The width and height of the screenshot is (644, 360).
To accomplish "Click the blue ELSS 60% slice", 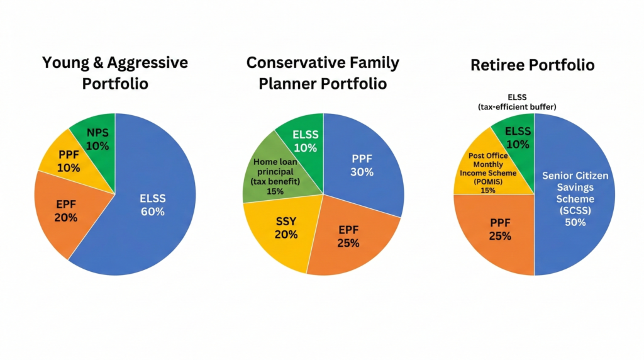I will coord(153,205).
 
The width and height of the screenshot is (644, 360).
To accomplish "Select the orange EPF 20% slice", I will coord(65,211).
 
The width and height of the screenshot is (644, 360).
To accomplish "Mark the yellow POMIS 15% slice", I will coord(487,172).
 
